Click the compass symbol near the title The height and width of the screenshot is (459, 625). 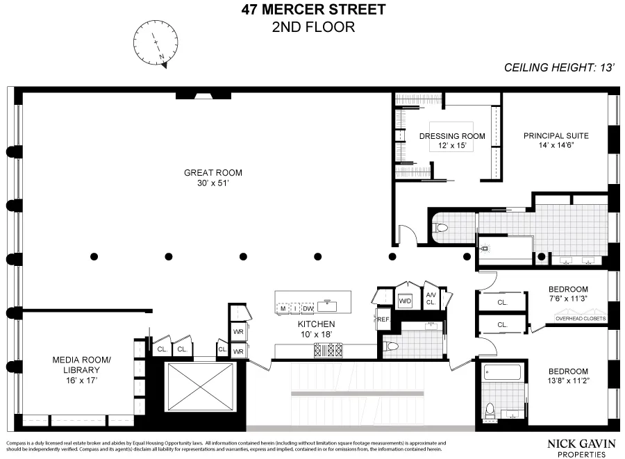click(x=157, y=42)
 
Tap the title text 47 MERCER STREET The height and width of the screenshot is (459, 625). click(x=312, y=10)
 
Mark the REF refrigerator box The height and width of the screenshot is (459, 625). click(x=383, y=319)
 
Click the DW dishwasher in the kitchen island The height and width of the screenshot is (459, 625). click(x=308, y=308)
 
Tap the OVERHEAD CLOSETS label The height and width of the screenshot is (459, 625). click(x=580, y=319)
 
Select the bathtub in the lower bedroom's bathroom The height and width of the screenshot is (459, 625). click(x=501, y=372)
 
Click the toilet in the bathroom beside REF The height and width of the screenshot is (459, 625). click(x=392, y=345)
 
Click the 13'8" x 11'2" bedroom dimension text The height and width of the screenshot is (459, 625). click(x=568, y=381)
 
